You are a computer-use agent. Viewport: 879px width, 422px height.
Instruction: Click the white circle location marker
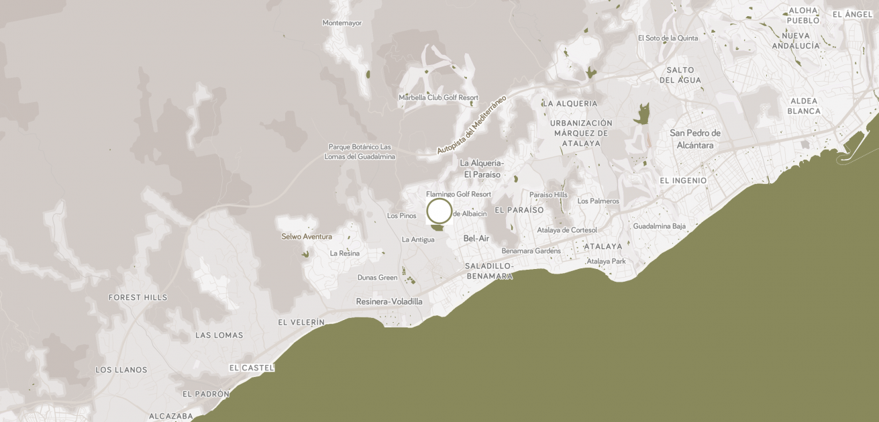point(439,211)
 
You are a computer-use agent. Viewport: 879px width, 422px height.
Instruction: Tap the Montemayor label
point(342,23)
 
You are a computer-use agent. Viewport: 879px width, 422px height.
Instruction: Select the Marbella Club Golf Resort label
point(438,97)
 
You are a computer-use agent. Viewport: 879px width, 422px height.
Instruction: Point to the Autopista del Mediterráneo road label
point(471,125)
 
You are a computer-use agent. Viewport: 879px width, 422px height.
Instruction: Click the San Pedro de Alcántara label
point(694,139)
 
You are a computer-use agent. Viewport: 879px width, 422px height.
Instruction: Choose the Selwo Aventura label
point(307,236)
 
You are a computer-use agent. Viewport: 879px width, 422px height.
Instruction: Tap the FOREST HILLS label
point(138,297)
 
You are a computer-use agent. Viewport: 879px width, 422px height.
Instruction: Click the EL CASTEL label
point(252,368)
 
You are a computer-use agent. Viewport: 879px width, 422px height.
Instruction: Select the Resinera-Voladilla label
point(389,301)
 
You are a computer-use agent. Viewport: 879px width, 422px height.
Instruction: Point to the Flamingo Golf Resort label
point(458,194)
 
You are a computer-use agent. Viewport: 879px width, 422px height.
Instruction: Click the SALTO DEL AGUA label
point(680,75)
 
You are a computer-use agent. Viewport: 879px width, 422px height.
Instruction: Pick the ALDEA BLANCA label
point(804,106)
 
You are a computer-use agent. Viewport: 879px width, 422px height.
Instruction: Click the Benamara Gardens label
point(531,251)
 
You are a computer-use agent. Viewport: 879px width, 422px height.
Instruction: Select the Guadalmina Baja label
point(659,226)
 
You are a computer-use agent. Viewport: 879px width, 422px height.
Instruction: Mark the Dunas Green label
point(377,277)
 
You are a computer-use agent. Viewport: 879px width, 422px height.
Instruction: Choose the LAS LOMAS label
point(219,335)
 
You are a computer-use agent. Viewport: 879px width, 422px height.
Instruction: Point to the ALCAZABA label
point(171,416)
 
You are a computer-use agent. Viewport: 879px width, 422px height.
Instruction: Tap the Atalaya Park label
point(606,261)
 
